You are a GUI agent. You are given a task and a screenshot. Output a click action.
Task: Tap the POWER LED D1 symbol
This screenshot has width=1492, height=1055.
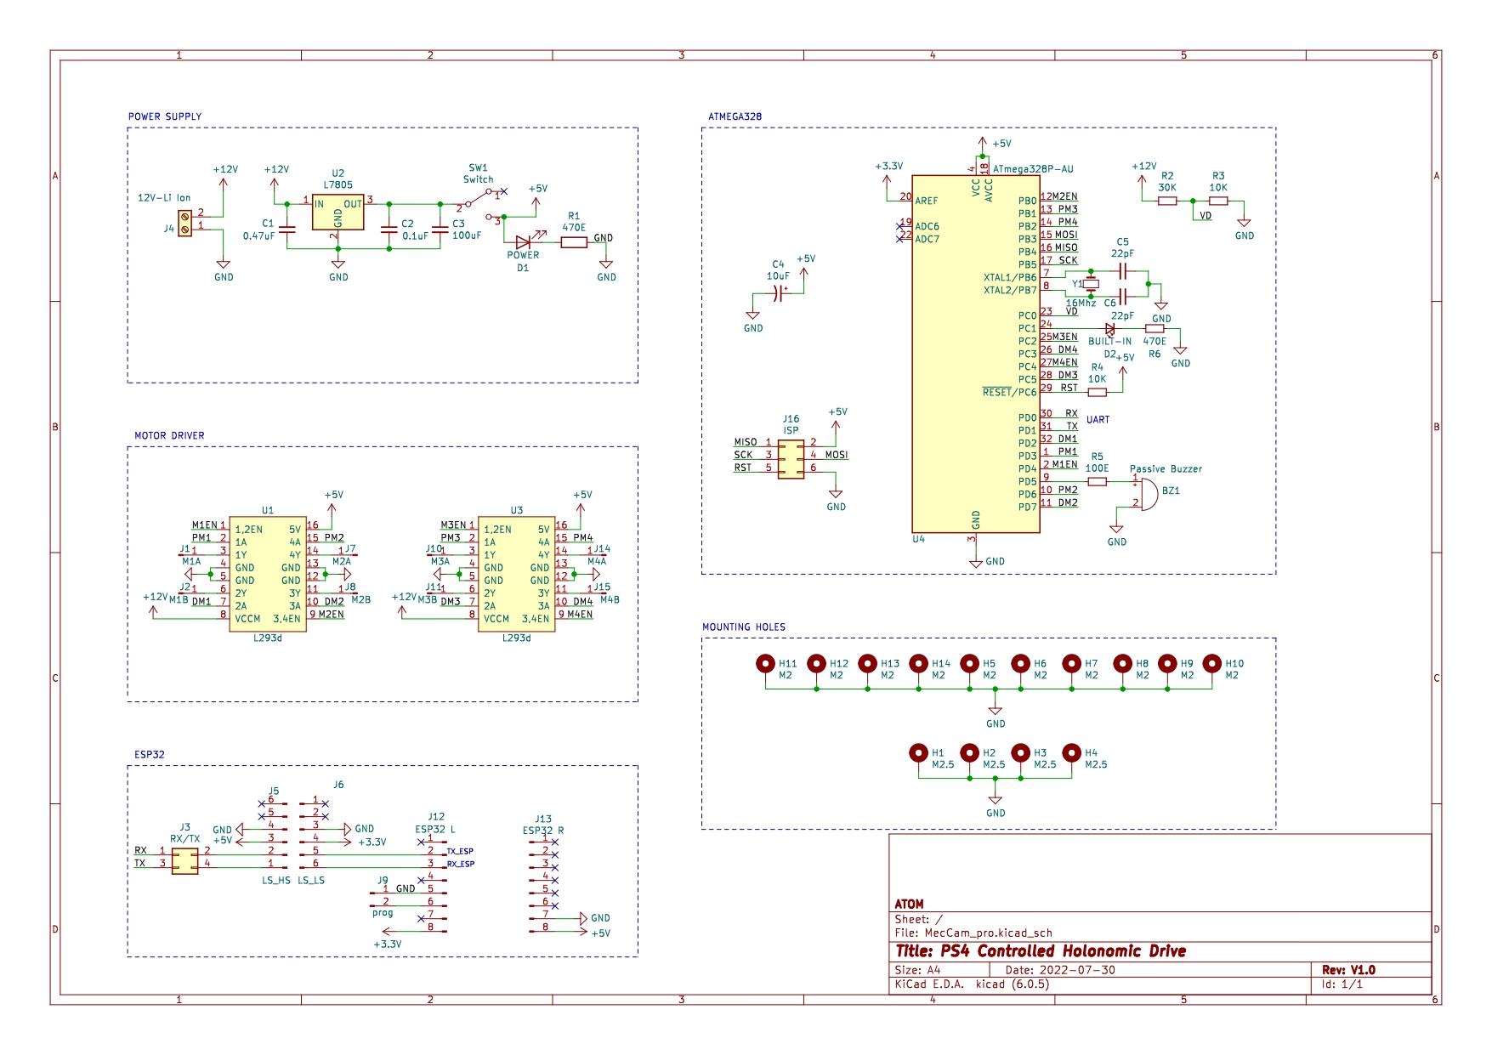pos(523,242)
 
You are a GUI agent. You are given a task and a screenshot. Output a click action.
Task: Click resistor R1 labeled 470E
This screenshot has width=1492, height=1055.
pos(574,243)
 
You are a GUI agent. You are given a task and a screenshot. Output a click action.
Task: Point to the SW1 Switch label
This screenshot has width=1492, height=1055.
pos(478,173)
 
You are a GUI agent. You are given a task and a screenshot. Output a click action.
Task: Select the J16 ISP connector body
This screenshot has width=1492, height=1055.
pos(791,456)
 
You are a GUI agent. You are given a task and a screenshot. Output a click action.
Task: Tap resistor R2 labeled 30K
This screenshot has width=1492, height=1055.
pos(1167,201)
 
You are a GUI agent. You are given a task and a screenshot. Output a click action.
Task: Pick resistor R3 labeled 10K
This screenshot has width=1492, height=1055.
pos(1218,201)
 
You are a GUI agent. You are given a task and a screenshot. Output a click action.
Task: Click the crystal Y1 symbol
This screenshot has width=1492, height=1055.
pos(1092,284)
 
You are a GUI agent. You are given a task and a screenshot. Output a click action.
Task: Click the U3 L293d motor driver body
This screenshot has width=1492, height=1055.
pos(516,575)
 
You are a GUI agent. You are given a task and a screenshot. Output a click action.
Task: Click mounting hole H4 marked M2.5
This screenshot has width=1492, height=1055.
pos(1071,753)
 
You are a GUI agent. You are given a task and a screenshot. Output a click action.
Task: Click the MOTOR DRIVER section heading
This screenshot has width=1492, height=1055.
pos(169,435)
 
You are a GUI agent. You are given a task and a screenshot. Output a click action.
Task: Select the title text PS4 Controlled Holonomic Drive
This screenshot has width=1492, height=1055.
pos(1041,950)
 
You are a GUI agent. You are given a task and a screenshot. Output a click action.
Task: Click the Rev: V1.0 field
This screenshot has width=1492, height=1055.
pos(1348,969)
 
